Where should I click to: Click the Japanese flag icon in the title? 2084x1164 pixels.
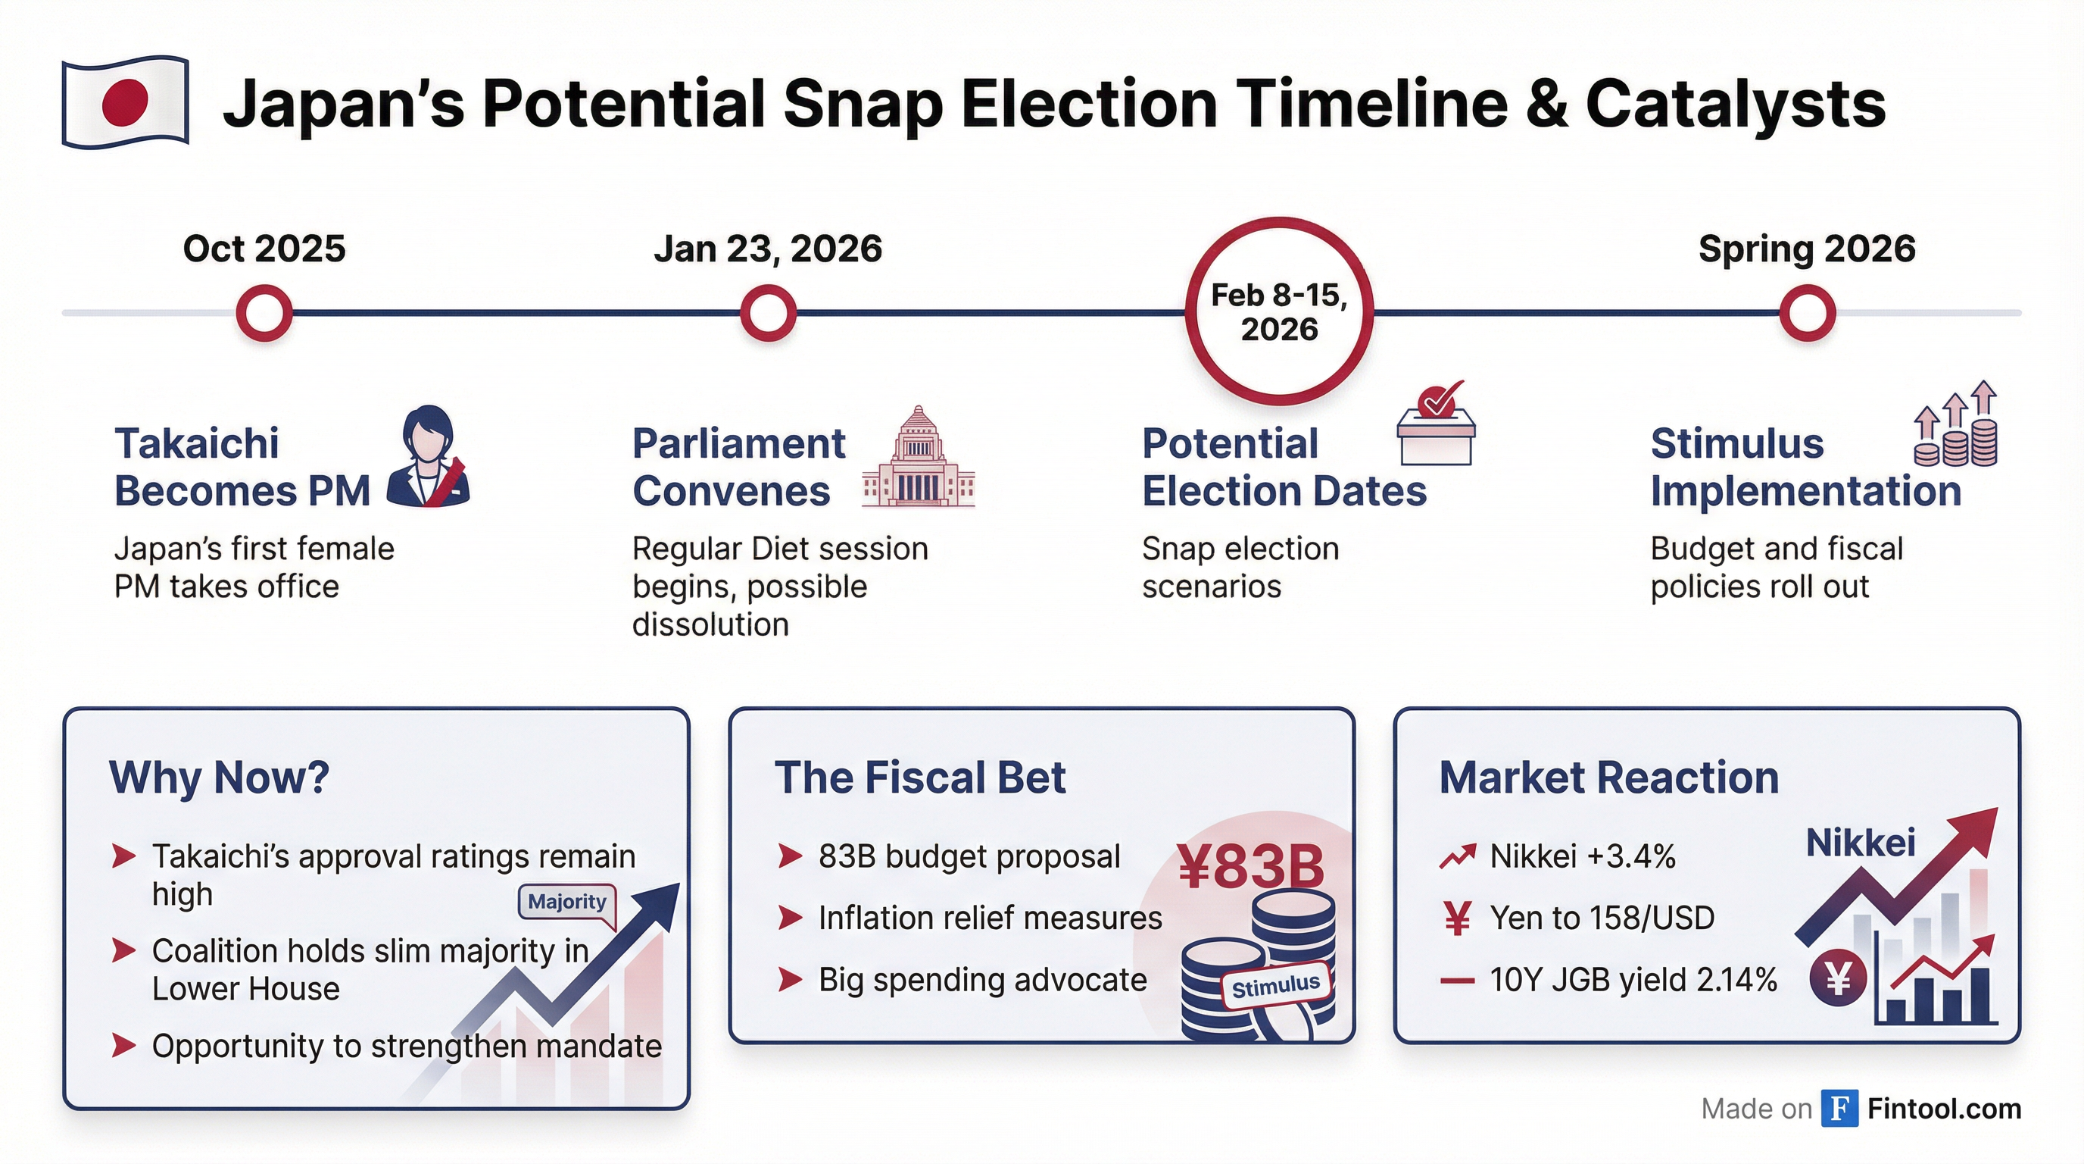126,102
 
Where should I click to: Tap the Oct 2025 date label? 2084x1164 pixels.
264,249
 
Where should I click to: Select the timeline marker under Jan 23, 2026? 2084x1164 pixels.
768,312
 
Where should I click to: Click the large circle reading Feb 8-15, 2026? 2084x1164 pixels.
1279,311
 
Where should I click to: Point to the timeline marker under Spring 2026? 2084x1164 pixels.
1807,312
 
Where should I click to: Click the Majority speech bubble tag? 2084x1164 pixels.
567,903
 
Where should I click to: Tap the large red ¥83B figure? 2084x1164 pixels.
1250,866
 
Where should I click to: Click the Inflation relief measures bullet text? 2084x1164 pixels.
990,918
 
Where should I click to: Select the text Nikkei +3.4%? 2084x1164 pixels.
1583,856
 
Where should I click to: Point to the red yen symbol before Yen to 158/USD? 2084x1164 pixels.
1457,918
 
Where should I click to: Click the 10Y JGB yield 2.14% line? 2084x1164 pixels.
1633,981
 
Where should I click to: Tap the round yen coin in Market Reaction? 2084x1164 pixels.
1838,979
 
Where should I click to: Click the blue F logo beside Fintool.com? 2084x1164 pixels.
1839,1108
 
